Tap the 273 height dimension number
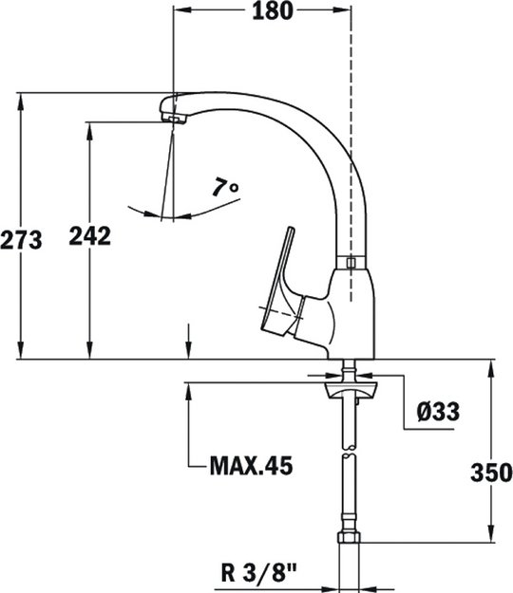22,241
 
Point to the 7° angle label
225,188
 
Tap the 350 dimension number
491,472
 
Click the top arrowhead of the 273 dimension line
21,101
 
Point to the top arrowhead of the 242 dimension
90,129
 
